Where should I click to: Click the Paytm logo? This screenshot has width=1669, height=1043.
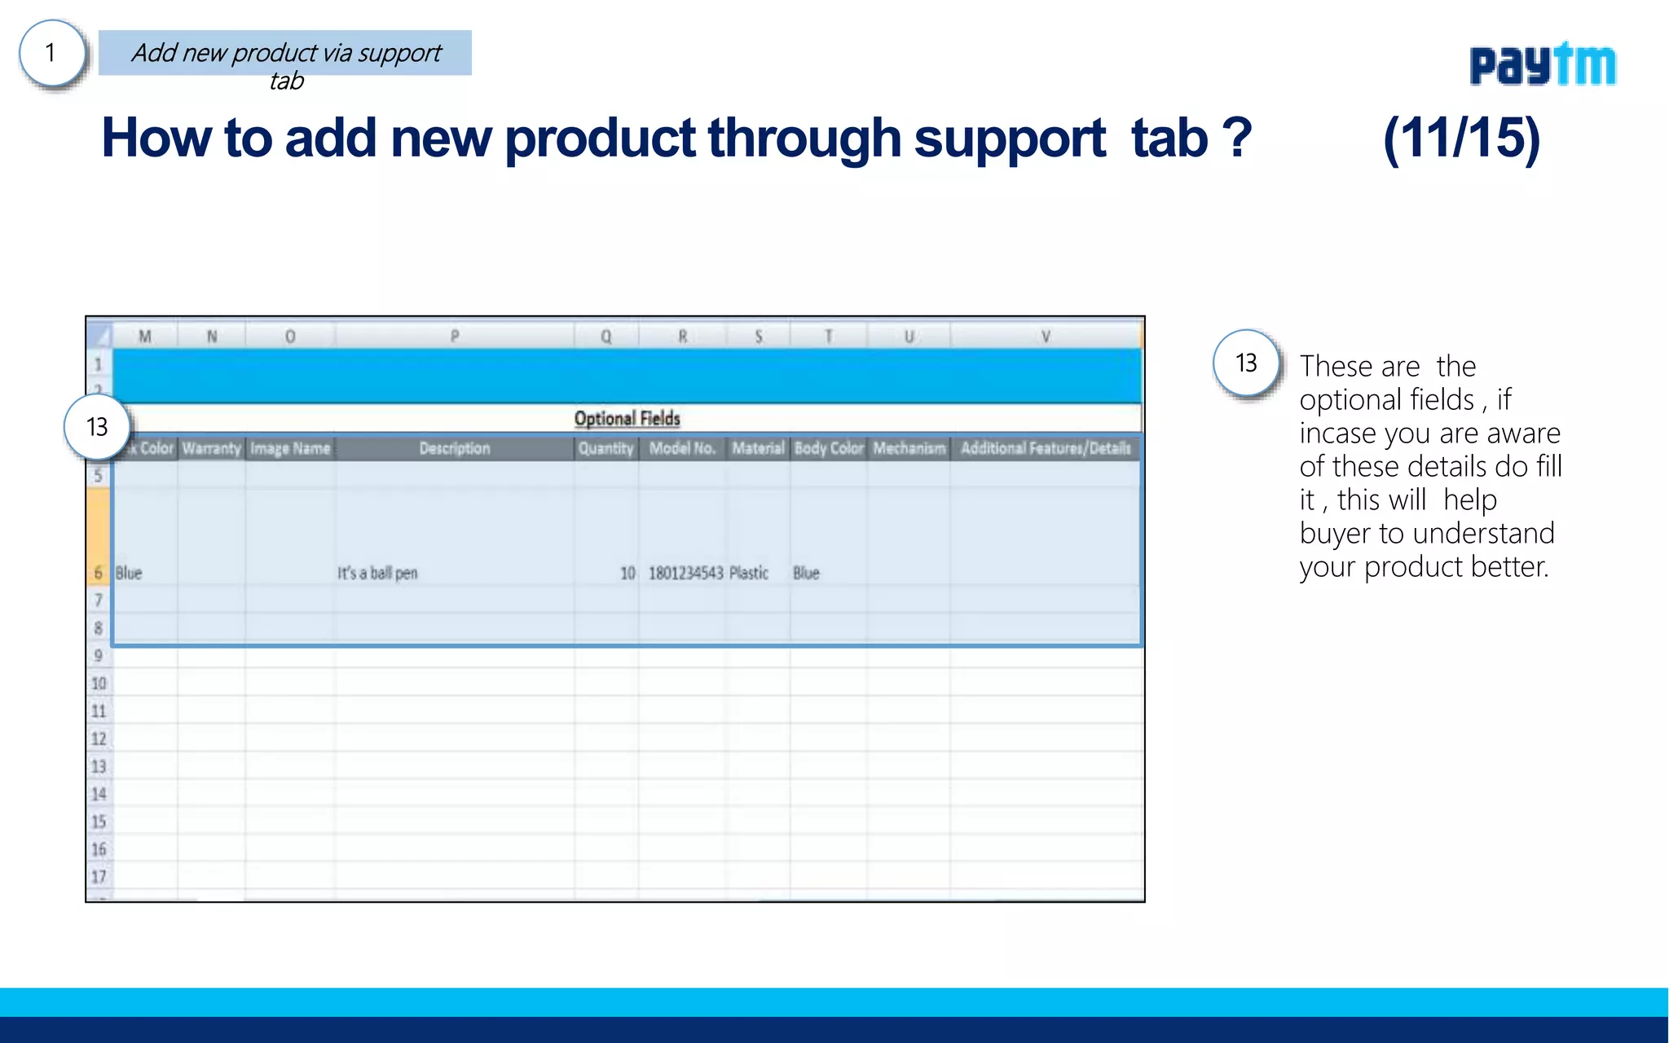click(x=1542, y=64)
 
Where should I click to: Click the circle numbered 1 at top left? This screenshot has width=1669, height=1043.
click(x=51, y=53)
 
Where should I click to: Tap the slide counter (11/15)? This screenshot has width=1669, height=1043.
click(x=1461, y=138)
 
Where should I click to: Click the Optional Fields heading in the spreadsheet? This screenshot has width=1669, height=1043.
click(x=627, y=418)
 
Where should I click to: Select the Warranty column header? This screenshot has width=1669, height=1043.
click(x=211, y=448)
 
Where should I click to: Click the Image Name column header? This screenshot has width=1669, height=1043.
click(x=289, y=448)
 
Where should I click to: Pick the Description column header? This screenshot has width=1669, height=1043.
click(x=454, y=448)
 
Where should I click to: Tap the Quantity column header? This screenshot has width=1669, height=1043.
click(x=606, y=448)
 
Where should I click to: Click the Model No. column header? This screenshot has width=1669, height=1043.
click(x=682, y=448)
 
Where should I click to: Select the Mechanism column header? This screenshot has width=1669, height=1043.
click(x=909, y=448)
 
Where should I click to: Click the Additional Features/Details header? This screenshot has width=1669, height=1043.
click(x=1046, y=448)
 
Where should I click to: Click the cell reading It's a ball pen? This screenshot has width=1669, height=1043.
click(x=377, y=573)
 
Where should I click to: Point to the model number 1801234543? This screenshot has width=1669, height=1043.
click(x=685, y=573)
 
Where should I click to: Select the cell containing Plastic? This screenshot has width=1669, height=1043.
click(x=749, y=573)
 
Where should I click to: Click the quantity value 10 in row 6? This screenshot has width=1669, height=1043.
click(x=627, y=573)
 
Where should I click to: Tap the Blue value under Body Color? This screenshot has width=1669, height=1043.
click(x=806, y=573)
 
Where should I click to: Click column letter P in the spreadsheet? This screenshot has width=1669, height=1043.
click(x=454, y=336)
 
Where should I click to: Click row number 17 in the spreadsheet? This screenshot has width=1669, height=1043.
click(x=99, y=877)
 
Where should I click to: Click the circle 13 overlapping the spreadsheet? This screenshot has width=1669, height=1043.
click(x=96, y=427)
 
